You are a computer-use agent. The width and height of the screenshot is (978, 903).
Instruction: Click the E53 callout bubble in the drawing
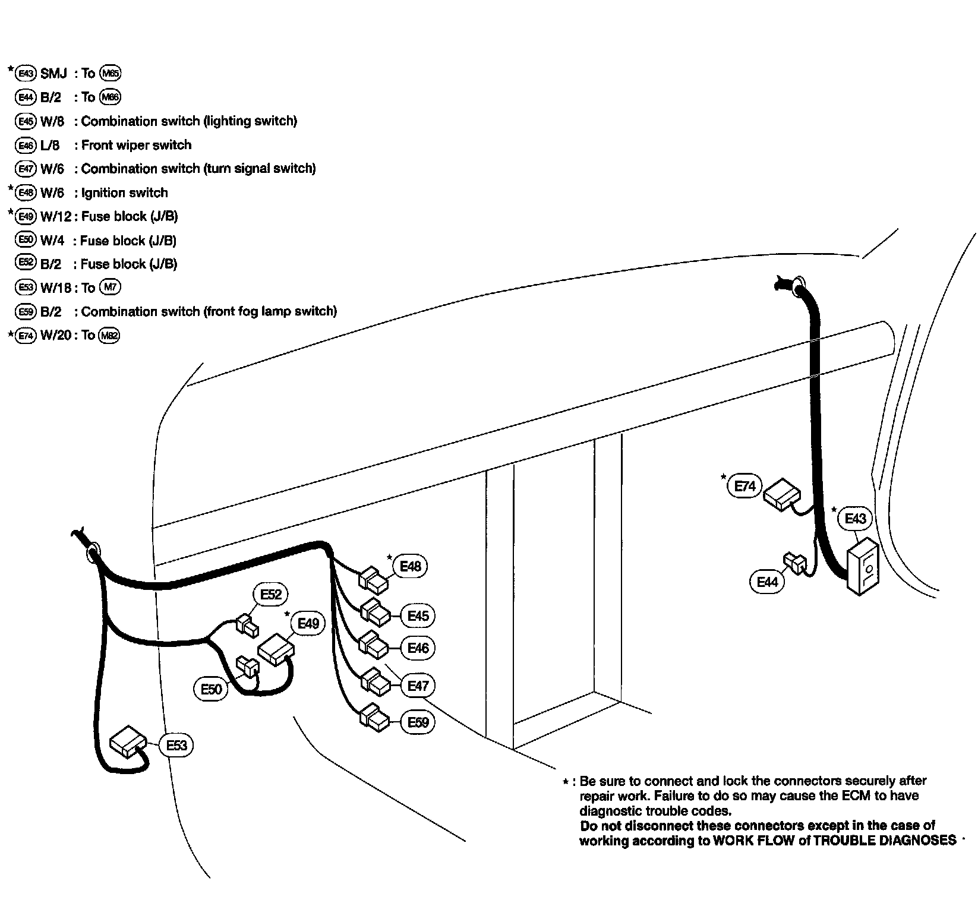pyautogui.click(x=176, y=745)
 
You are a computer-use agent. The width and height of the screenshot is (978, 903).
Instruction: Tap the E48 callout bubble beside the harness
pyautogui.click(x=410, y=566)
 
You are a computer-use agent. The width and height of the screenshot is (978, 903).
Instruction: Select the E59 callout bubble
pyautogui.click(x=418, y=722)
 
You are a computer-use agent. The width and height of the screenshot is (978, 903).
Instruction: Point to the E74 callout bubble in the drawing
pyautogui.click(x=744, y=487)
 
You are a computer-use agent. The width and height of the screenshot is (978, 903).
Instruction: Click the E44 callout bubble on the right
pyautogui.click(x=767, y=582)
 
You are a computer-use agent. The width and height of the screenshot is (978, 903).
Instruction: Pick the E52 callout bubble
pyautogui.click(x=271, y=595)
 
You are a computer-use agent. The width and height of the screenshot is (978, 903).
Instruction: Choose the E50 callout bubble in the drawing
pyautogui.click(x=211, y=689)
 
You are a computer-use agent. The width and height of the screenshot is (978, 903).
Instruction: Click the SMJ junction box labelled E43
pyautogui.click(x=863, y=566)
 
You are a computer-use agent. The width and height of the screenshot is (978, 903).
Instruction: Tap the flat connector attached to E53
pyautogui.click(x=128, y=741)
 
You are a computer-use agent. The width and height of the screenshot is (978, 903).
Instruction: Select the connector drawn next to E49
pyautogui.click(x=275, y=649)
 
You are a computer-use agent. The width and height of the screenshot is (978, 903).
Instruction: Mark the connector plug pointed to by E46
pyautogui.click(x=374, y=643)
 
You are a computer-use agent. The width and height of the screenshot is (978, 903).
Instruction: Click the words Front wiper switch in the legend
pyautogui.click(x=136, y=145)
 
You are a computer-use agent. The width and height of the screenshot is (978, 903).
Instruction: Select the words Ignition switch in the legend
pyautogui.click(x=124, y=192)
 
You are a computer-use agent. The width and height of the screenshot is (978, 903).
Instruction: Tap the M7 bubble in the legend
pyautogui.click(x=110, y=288)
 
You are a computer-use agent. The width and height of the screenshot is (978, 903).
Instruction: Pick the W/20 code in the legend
pyautogui.click(x=56, y=335)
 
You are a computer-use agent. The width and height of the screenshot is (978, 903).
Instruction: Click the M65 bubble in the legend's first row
pyautogui.click(x=110, y=73)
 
